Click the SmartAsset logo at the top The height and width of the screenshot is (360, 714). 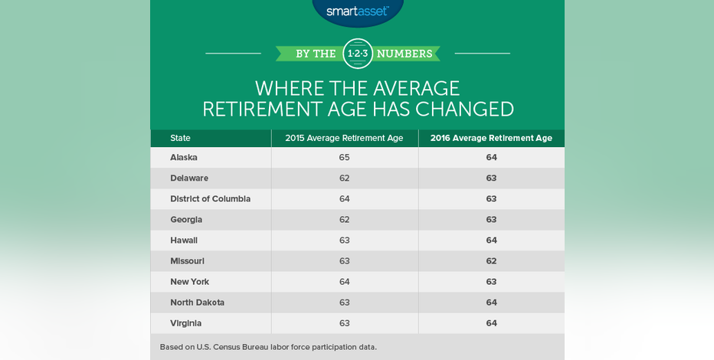[x=358, y=11]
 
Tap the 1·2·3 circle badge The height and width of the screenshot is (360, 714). [x=358, y=54]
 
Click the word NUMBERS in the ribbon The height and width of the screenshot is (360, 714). [x=404, y=54]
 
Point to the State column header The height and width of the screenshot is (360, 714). [x=180, y=139]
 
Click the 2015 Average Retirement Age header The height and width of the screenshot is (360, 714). [x=344, y=139]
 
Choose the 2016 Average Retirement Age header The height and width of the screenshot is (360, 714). [x=491, y=139]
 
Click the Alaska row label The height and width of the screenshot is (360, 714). [x=184, y=158]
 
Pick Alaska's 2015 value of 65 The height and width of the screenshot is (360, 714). [x=344, y=158]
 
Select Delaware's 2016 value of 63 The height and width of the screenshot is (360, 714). [x=491, y=178]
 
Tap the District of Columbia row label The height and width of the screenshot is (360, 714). [x=211, y=199]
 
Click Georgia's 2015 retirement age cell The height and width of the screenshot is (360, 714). [x=344, y=219]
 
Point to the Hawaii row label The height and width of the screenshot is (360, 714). [x=184, y=241]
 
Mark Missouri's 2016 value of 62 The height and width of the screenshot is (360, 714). [x=491, y=261]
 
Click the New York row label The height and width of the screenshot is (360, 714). [x=189, y=282]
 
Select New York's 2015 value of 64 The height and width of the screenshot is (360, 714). [x=344, y=282]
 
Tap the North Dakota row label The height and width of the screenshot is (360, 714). [x=197, y=303]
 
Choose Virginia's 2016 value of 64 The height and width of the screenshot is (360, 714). [x=491, y=323]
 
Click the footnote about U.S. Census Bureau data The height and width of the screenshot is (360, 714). [x=268, y=347]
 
